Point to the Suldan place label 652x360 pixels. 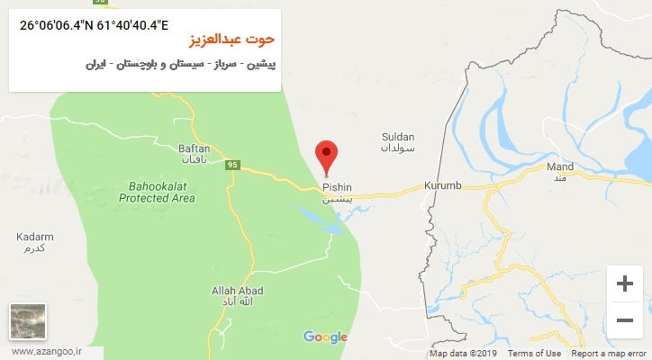(x=397, y=137)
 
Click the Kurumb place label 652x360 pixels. (x=443, y=185)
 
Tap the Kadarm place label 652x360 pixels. (x=35, y=238)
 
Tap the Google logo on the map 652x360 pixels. (x=325, y=337)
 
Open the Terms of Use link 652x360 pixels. (x=540, y=354)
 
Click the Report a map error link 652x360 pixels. (x=610, y=354)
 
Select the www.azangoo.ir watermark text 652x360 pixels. (x=43, y=352)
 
